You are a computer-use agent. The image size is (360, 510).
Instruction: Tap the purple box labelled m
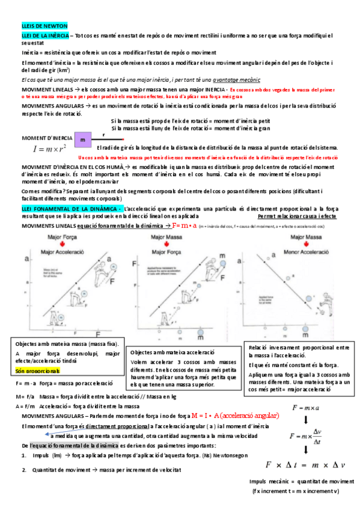[x=84, y=140]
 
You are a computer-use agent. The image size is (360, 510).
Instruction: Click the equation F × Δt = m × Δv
[x=305, y=464]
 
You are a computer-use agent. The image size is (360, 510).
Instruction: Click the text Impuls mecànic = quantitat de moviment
[x=301, y=481]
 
